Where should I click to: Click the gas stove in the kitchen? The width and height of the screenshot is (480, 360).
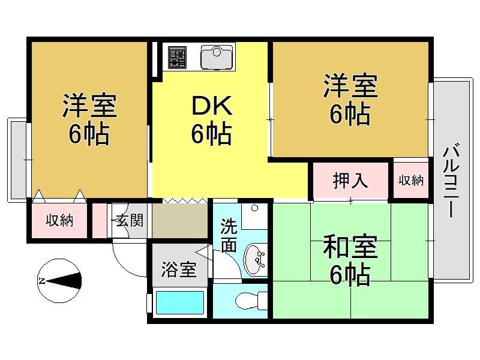pyautogui.click(x=177, y=57)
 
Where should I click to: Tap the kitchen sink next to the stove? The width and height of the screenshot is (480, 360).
pyautogui.click(x=217, y=57)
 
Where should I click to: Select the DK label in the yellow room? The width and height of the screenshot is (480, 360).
pyautogui.click(x=212, y=106)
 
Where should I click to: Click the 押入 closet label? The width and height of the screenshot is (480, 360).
pyautogui.click(x=350, y=181)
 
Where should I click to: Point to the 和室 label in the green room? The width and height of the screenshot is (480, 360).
pyautogui.click(x=350, y=247)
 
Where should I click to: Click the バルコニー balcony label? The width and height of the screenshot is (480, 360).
pyautogui.click(x=451, y=182)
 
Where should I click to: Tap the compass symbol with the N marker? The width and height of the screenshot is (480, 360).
pyautogui.click(x=59, y=281)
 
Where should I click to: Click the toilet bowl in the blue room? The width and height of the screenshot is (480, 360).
pyautogui.click(x=251, y=301)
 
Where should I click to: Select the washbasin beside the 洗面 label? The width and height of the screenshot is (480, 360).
pyautogui.click(x=254, y=260)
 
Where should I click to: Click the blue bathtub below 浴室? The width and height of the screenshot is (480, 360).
pyautogui.click(x=180, y=303)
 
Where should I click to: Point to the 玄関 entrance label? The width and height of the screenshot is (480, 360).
pyautogui.click(x=130, y=220)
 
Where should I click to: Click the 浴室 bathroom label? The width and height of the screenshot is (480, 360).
pyautogui.click(x=179, y=269)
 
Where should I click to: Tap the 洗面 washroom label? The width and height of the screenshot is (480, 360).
pyautogui.click(x=229, y=235)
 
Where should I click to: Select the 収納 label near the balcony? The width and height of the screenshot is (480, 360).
pyautogui.click(x=411, y=181)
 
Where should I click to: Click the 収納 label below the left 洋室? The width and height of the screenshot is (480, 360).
pyautogui.click(x=59, y=220)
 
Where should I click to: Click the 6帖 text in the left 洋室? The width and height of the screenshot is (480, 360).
pyautogui.click(x=89, y=134)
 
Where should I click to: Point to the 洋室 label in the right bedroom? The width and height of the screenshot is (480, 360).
pyautogui.click(x=350, y=85)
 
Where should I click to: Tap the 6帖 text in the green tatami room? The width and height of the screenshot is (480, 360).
pyautogui.click(x=350, y=275)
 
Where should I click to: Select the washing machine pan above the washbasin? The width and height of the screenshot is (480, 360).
pyautogui.click(x=254, y=216)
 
